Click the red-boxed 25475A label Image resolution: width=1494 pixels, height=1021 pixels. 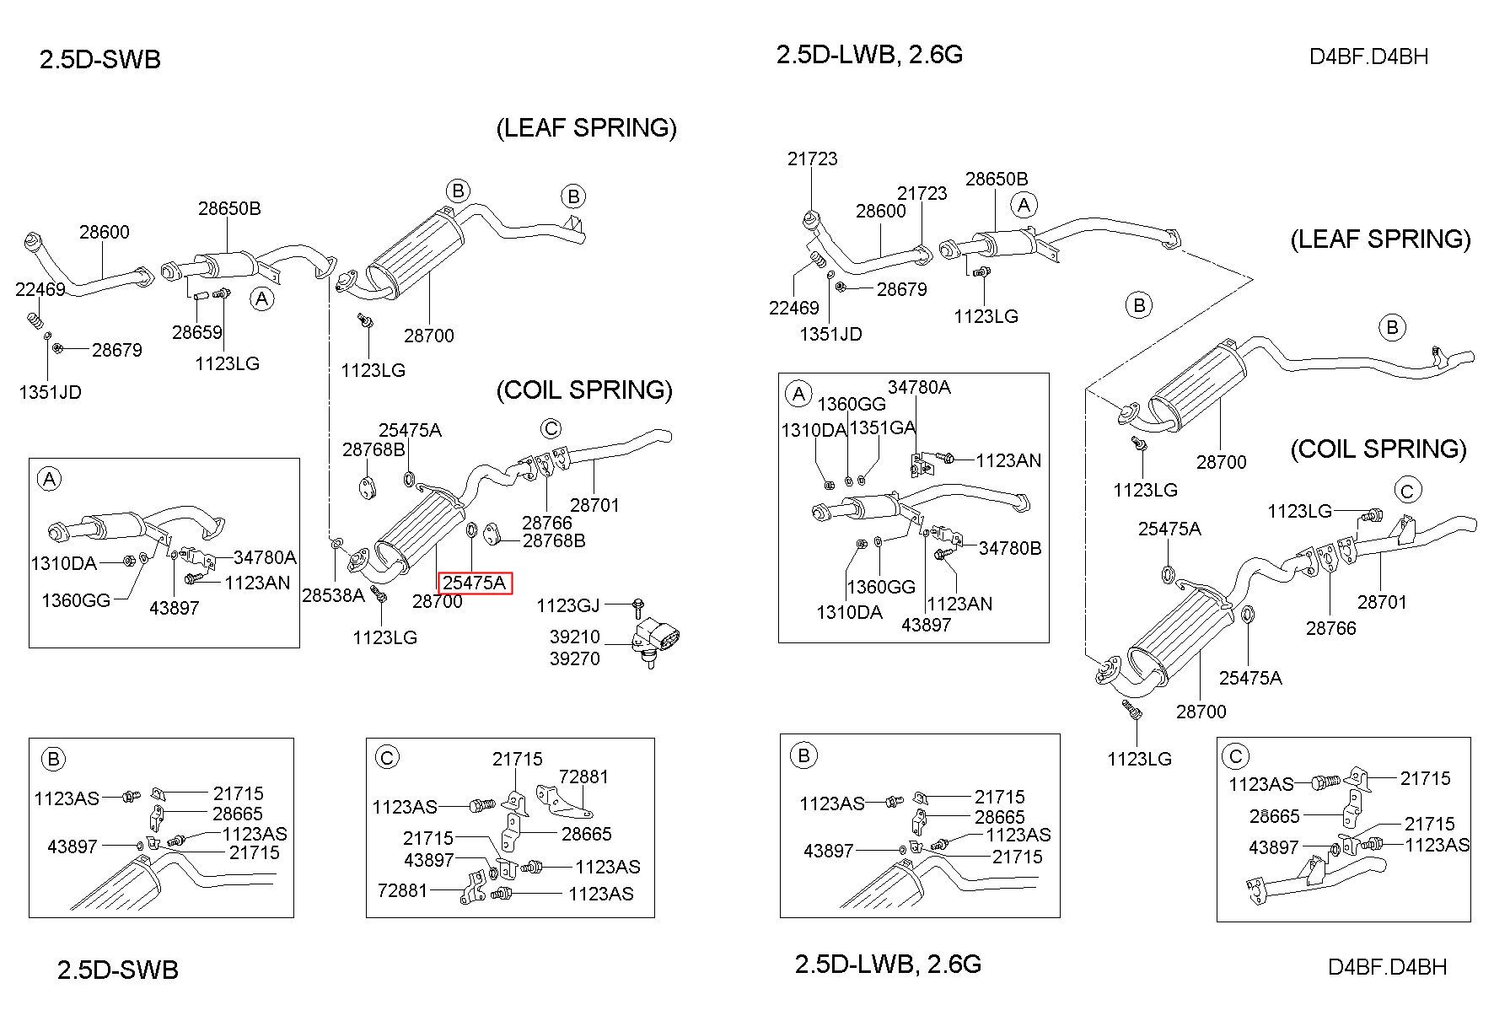pos(475,583)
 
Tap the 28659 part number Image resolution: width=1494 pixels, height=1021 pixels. pos(197,332)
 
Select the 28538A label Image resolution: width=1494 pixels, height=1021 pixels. pos(333,595)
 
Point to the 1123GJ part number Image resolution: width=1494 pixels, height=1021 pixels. pos(568,605)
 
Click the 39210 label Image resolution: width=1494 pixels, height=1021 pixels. pos(575,637)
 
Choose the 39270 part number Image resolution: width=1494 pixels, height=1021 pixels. pos(575,658)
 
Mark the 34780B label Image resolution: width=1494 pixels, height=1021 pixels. pos(1010,548)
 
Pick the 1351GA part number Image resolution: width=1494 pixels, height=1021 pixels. pos(882,427)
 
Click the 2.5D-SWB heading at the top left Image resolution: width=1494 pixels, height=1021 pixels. pos(100,59)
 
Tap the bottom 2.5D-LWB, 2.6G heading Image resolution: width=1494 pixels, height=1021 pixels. pos(889,964)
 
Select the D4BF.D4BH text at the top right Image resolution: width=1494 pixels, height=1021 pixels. pos(1369,56)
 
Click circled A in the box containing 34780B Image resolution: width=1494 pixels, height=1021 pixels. pos(798,393)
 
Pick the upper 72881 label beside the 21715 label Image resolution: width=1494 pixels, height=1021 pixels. pos(583,776)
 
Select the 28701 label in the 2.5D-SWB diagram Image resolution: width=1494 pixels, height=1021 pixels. pos(594,505)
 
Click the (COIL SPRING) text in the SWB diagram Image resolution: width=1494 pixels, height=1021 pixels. pos(584,390)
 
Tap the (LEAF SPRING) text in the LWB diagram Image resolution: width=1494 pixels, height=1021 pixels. pos(1380,239)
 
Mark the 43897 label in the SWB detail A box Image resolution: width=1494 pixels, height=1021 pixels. pos(174,608)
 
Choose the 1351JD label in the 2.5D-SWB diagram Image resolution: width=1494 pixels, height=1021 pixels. pos(51,392)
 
